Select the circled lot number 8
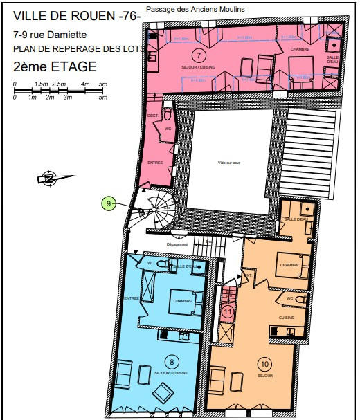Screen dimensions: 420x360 [x=172, y=360]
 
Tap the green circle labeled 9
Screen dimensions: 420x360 [x=108, y=203]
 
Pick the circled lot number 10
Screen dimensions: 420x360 [x=264, y=364]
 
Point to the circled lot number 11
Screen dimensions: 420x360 [x=228, y=311]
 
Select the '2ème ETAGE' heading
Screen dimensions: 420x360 [x=55, y=67]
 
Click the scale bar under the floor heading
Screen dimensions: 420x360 [x=61, y=91]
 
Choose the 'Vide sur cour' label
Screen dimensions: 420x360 [x=228, y=163]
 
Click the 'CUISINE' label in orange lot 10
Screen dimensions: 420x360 [x=287, y=318]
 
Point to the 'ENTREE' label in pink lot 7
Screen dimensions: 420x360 [x=155, y=162]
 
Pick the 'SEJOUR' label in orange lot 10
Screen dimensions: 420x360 [x=264, y=376]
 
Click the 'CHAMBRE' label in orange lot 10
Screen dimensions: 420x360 [x=289, y=265]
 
